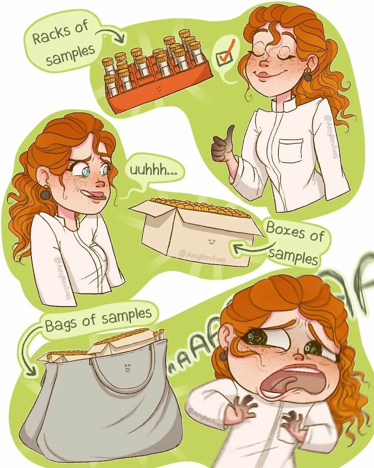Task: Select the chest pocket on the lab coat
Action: click(291, 151)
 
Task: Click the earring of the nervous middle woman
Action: click(45, 194)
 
